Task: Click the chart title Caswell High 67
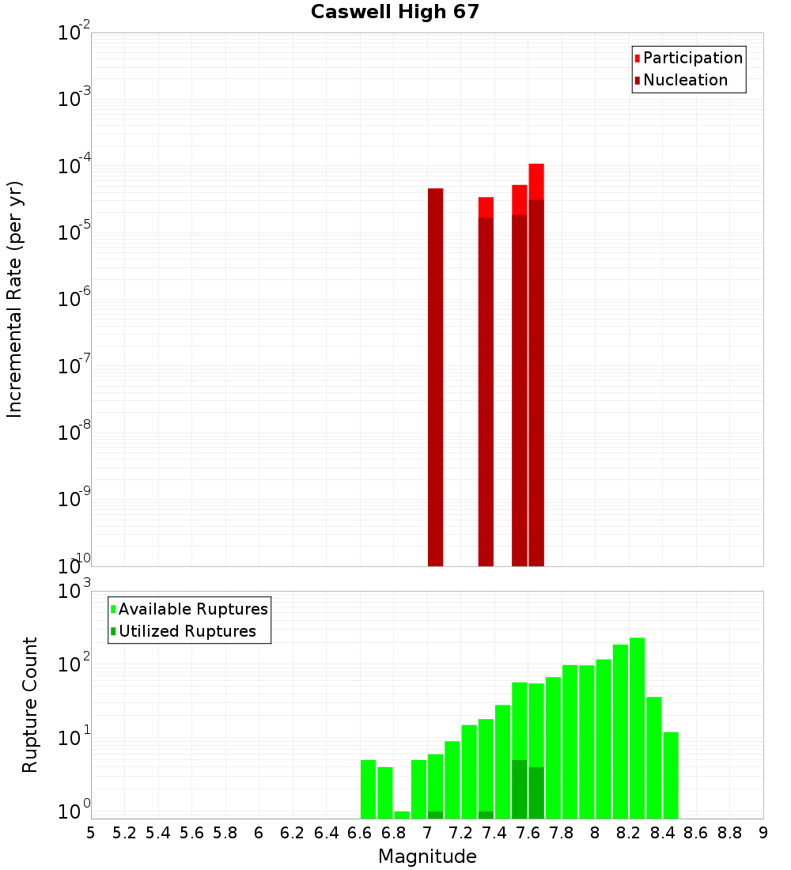395,12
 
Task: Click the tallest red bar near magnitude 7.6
536,364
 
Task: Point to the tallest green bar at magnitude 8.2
637,728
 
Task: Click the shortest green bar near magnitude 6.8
402,815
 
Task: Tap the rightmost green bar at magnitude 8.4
671,775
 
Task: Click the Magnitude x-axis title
427,857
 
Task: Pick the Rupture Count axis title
30,705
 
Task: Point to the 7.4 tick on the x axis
494,833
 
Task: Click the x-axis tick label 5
91,833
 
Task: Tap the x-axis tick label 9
763,833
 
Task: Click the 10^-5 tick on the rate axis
73,233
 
